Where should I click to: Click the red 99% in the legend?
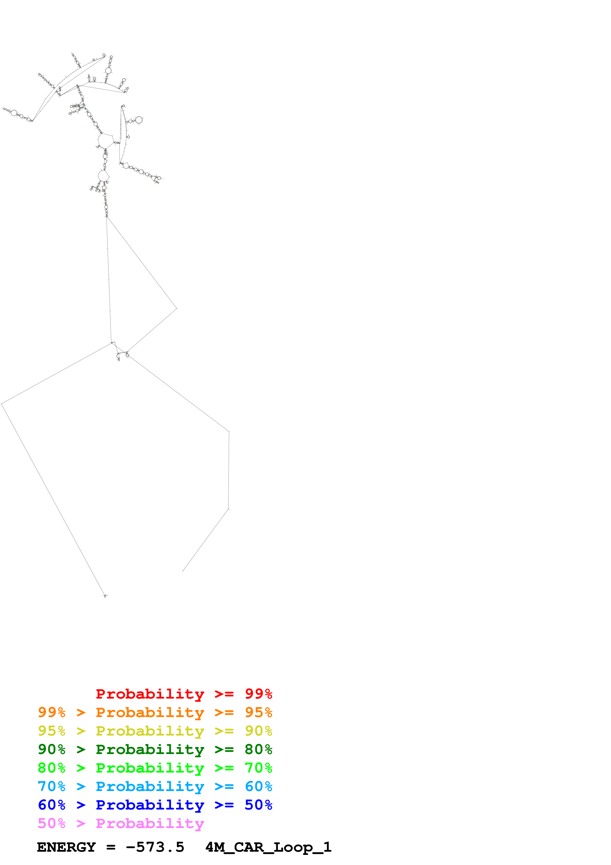[258, 694]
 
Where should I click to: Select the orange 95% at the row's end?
[258, 712]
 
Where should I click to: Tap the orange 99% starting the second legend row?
[52, 712]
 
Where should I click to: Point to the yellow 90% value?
[258, 731]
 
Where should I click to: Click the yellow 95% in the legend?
[52, 731]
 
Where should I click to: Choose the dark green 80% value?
[258, 749]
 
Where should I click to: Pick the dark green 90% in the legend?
[52, 749]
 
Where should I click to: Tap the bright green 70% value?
[258, 768]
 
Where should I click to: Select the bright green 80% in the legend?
[52, 768]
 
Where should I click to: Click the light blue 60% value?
[258, 786]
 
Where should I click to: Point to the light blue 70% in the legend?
[52, 786]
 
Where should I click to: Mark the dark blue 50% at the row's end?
[258, 805]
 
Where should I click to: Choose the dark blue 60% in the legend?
[52, 805]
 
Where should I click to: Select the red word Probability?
[150, 694]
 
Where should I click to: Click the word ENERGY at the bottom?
[66, 847]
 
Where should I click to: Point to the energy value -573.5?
[155, 847]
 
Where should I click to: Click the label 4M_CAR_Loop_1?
[268, 847]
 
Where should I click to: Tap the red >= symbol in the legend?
[224, 694]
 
